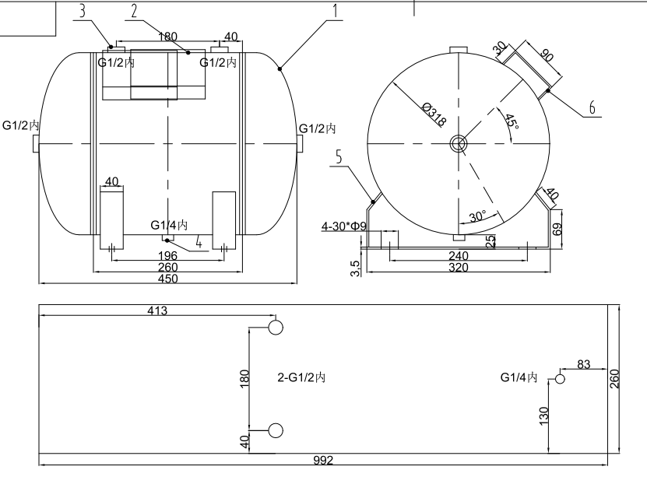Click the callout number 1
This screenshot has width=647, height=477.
pos(335,11)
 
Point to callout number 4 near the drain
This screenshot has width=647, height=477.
pos(199,244)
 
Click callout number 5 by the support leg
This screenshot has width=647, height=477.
pos(339,157)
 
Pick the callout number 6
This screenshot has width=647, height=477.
pos(592,108)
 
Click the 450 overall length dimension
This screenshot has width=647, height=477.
pos(168,279)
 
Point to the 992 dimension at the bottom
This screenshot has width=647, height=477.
pos(324,461)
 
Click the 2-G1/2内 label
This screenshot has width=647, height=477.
pos(301,377)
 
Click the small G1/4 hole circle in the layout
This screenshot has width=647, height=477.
pos(559,379)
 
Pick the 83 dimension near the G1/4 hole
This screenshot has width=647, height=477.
pos(584,364)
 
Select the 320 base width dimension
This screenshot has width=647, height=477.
pos(459,268)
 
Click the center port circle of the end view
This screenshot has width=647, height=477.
pos(458,142)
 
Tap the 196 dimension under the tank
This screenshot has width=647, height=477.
pos(168,256)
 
